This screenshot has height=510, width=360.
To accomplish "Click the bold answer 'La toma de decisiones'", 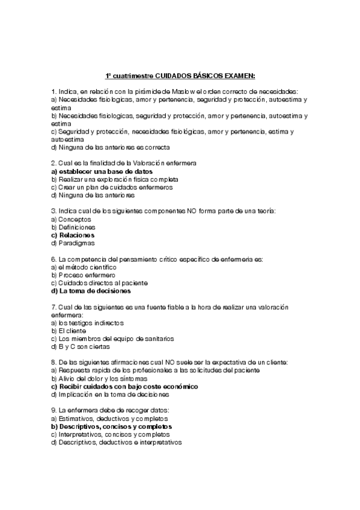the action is (93, 290).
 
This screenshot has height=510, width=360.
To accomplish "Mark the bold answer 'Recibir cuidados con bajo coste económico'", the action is (127, 387).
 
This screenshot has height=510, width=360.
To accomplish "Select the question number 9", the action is (53, 410).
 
